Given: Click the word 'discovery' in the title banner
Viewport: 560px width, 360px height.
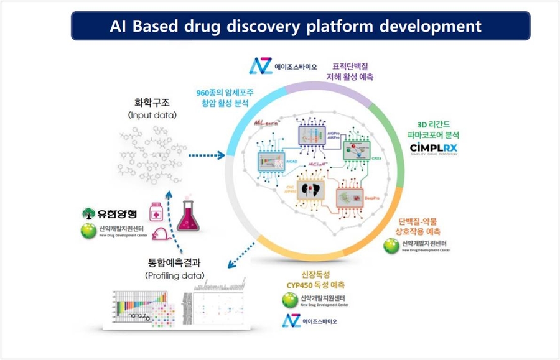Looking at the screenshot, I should pos(292,26).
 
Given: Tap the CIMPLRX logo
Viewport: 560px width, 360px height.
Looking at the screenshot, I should pos(433,147).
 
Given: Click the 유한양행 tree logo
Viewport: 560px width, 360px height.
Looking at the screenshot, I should pos(89,213).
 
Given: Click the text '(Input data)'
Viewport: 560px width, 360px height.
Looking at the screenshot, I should pos(152,116).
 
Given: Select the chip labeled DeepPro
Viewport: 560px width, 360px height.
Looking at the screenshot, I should pos(352,198).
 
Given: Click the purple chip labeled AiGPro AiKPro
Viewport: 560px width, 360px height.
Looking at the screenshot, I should pos(316,133).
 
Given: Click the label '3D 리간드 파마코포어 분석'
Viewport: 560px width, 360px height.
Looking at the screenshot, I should pos(433,127).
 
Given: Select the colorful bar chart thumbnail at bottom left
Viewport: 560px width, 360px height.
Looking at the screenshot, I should pos(143,308).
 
